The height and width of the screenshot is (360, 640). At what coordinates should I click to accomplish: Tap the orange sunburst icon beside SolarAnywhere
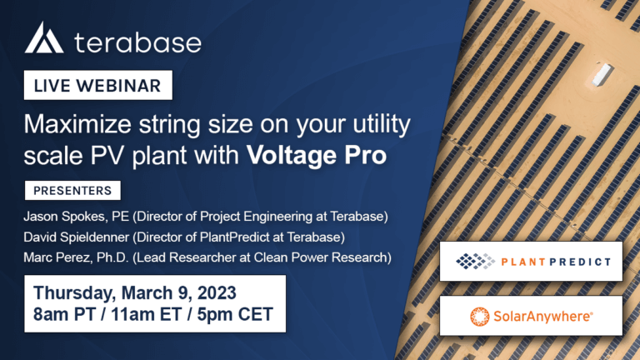[479, 317]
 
